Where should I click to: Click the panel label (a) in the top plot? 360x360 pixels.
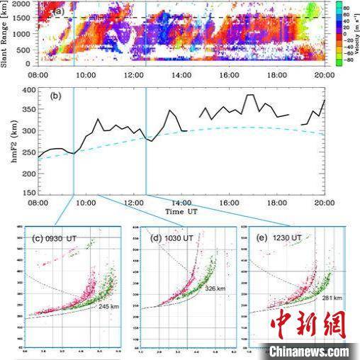(x=63, y=11)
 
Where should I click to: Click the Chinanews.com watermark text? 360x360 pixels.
(x=308, y=351)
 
